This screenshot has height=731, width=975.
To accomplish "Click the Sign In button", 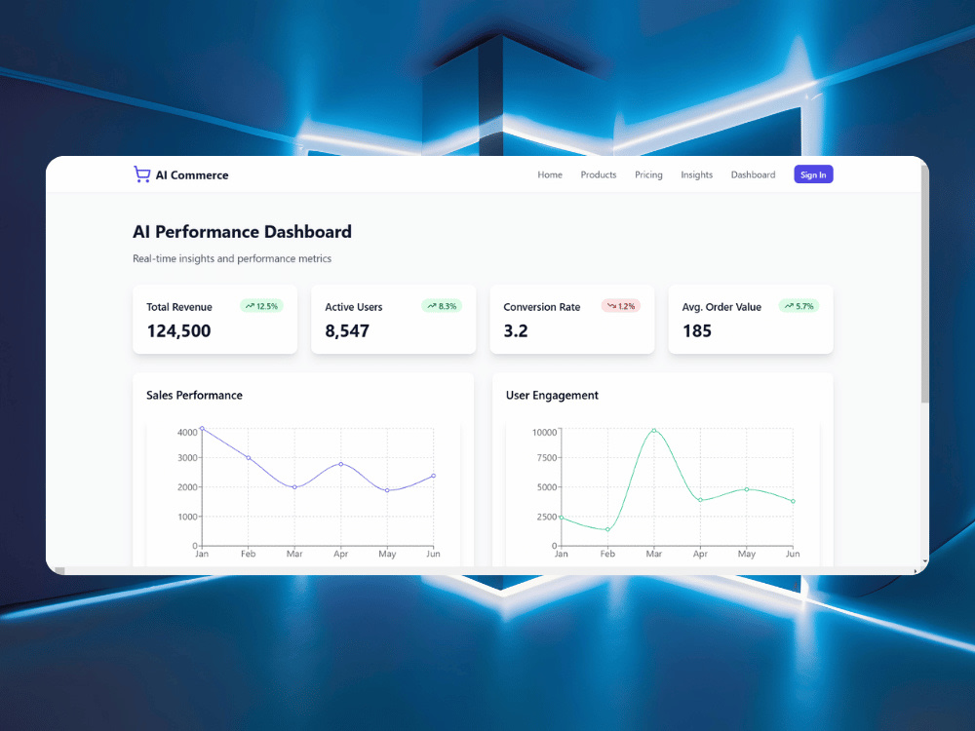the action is pyautogui.click(x=813, y=174).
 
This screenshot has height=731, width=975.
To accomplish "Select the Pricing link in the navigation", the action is pyautogui.click(x=648, y=174).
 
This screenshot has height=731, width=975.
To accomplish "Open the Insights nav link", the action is pyautogui.click(x=696, y=174).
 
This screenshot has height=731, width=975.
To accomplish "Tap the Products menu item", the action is pyautogui.click(x=599, y=174).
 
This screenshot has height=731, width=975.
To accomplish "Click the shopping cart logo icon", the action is pyautogui.click(x=141, y=174).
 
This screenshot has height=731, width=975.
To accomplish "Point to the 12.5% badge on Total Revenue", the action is pyautogui.click(x=261, y=306).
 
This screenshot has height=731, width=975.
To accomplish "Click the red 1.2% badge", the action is pyautogui.click(x=620, y=306).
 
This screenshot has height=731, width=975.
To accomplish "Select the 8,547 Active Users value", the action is pyautogui.click(x=347, y=330).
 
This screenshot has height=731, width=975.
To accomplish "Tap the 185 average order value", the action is pyautogui.click(x=696, y=330).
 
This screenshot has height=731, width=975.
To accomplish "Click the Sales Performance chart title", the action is pyautogui.click(x=194, y=396).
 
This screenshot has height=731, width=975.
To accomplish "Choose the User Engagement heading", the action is pyautogui.click(x=552, y=396).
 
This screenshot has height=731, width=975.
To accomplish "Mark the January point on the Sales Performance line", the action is pyautogui.click(x=202, y=428).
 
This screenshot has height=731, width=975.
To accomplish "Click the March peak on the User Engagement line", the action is pyautogui.click(x=653, y=430).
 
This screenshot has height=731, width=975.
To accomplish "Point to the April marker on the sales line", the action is pyautogui.click(x=340, y=464).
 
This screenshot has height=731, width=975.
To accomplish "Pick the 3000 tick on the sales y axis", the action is pyautogui.click(x=187, y=458).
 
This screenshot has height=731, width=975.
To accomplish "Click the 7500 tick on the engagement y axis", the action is pyautogui.click(x=547, y=458).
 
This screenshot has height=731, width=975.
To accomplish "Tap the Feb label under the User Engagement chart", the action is pyautogui.click(x=607, y=554).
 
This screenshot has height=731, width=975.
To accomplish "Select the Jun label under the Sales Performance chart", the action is pyautogui.click(x=434, y=554).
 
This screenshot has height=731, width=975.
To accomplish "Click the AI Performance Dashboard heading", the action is pyautogui.click(x=242, y=232).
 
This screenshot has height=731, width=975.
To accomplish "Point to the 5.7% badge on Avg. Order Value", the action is pyautogui.click(x=799, y=306).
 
